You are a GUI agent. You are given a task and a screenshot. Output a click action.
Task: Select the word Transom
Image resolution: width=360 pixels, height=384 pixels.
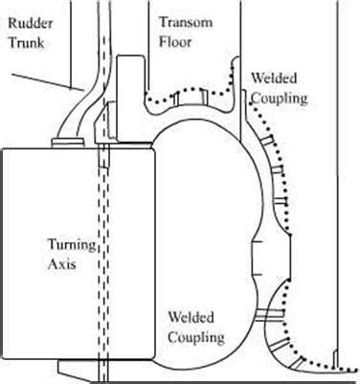point(181,21)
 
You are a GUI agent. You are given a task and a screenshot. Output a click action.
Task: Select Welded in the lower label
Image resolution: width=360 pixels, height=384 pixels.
point(191,317)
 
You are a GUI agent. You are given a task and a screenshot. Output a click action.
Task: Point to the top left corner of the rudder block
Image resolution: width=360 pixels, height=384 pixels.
point(3,148)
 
